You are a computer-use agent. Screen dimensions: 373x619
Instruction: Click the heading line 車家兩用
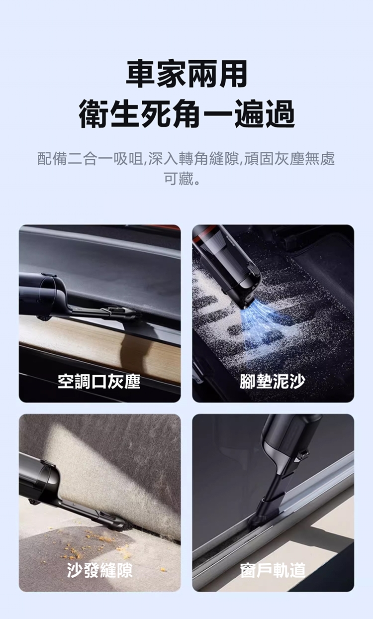click(x=186, y=74)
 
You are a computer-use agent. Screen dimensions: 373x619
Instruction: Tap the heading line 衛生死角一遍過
click(x=186, y=114)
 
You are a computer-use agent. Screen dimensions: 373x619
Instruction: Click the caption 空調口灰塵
click(x=99, y=381)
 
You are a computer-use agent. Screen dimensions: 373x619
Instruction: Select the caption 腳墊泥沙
click(x=273, y=381)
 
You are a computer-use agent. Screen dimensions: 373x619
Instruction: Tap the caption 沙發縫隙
click(x=100, y=570)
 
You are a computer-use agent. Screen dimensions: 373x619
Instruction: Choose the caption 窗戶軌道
click(x=273, y=570)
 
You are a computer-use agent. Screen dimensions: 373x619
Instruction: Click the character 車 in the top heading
click(x=141, y=74)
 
